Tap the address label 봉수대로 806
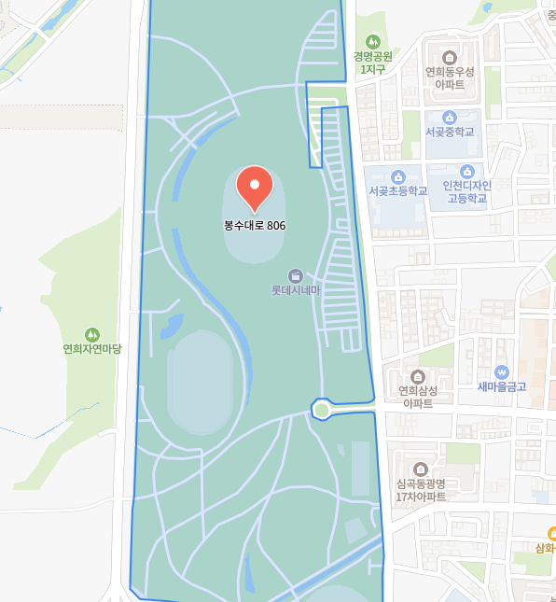pyautogui.click(x=255, y=225)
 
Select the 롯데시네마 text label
pyautogui.click(x=296, y=290)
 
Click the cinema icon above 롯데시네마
pyautogui.click(x=296, y=275)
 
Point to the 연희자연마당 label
pyautogui.click(x=92, y=348)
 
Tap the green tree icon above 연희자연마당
pyautogui.click(x=92, y=333)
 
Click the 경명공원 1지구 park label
pyautogui.click(x=372, y=63)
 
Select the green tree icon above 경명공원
pyautogui.click(x=373, y=42)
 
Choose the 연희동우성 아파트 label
pyautogui.click(x=450, y=77)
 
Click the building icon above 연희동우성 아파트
pyautogui.click(x=450, y=57)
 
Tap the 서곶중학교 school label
pyautogui.click(x=450, y=132)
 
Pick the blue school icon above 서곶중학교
pyautogui.click(x=450, y=117)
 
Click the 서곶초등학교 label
pyautogui.click(x=397, y=191)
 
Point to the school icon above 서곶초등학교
pyautogui.click(x=398, y=176)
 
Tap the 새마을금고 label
pyautogui.click(x=502, y=386)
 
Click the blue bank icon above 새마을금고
pyautogui.click(x=502, y=371)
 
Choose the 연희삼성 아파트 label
pyautogui.click(x=418, y=397)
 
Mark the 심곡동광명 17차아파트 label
pyautogui.click(x=421, y=490)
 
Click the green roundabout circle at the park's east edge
pyautogui.click(x=322, y=409)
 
